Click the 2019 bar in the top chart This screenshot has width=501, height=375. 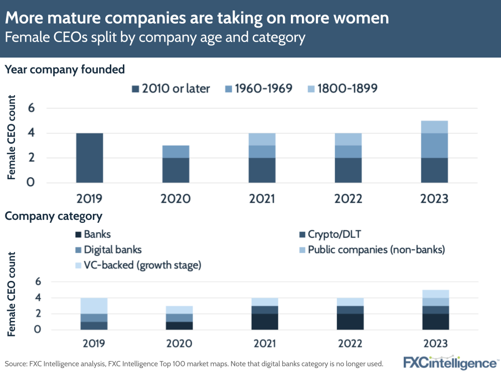89,158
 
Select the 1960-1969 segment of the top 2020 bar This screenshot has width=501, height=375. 176,151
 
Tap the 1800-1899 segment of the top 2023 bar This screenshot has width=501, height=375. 434,127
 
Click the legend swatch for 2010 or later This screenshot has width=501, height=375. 135,89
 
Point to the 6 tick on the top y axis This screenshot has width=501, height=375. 31,108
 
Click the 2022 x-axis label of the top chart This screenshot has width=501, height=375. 348,199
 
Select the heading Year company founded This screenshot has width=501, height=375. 65,70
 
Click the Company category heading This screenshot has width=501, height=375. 54,216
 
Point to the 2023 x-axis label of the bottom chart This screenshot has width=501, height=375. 434,344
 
